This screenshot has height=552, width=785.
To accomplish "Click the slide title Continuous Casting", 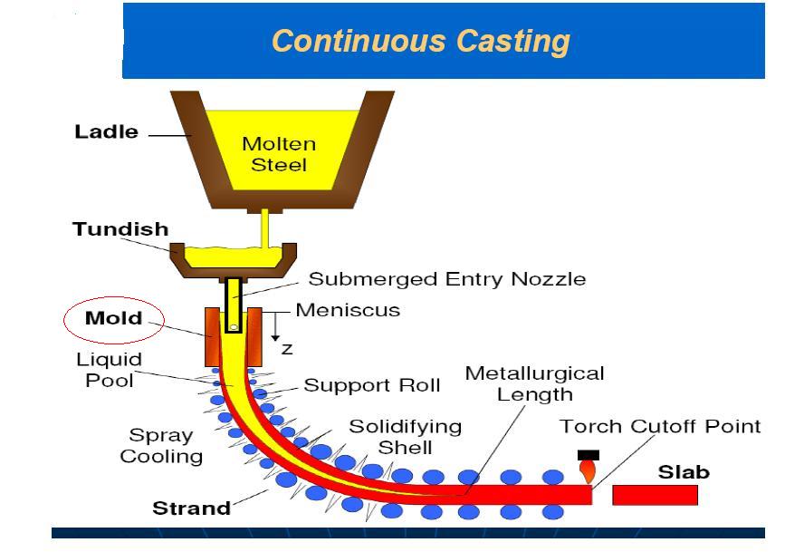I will click(421, 41).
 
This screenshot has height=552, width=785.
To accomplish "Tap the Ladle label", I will click(106, 132).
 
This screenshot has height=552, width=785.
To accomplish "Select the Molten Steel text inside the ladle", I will click(279, 155).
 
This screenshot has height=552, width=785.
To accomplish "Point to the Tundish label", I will click(120, 229).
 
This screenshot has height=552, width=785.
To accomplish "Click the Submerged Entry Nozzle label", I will click(446, 279).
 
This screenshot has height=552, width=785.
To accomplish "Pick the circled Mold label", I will click(113, 319).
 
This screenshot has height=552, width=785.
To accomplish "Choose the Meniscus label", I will click(348, 310).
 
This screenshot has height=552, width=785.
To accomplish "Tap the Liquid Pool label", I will click(110, 370).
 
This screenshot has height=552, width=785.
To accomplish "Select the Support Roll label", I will click(371, 385).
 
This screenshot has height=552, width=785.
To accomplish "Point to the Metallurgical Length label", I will click(534, 383).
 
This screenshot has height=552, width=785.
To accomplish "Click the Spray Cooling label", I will click(161, 446).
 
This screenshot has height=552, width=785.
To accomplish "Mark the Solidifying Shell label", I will click(405, 436).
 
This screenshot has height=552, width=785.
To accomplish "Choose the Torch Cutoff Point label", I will click(660, 426).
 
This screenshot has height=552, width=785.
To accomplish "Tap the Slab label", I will click(684, 472).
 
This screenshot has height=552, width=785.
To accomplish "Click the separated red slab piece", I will click(655, 496).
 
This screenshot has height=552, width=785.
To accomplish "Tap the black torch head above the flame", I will click(588, 455).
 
